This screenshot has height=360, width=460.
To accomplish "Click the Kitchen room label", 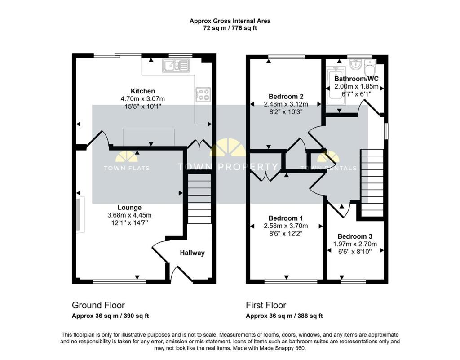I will coord(143,91).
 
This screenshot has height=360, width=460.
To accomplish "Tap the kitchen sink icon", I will coord(177,67).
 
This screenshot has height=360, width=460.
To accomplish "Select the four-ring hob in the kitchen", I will coord(203,95).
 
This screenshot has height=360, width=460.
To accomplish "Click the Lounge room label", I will coord(129,208).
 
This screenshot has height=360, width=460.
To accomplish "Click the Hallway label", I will coord(192,253).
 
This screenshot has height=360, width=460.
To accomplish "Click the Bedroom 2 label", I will coord(286,97).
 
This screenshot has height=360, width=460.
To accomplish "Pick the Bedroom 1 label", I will coord(286,218).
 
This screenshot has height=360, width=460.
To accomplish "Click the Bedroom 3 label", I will coord(355,236).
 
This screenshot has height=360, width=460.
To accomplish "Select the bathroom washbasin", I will coord(354,66).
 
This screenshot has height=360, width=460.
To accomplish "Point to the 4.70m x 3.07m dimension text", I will coord(143,99).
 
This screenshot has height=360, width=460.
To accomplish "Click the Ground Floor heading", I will coord(98,306).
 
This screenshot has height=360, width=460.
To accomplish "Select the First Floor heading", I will coord(266,306).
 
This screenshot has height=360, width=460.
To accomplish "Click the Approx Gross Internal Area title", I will coord(230,21).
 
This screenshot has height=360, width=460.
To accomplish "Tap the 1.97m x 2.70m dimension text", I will coord(355,244).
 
